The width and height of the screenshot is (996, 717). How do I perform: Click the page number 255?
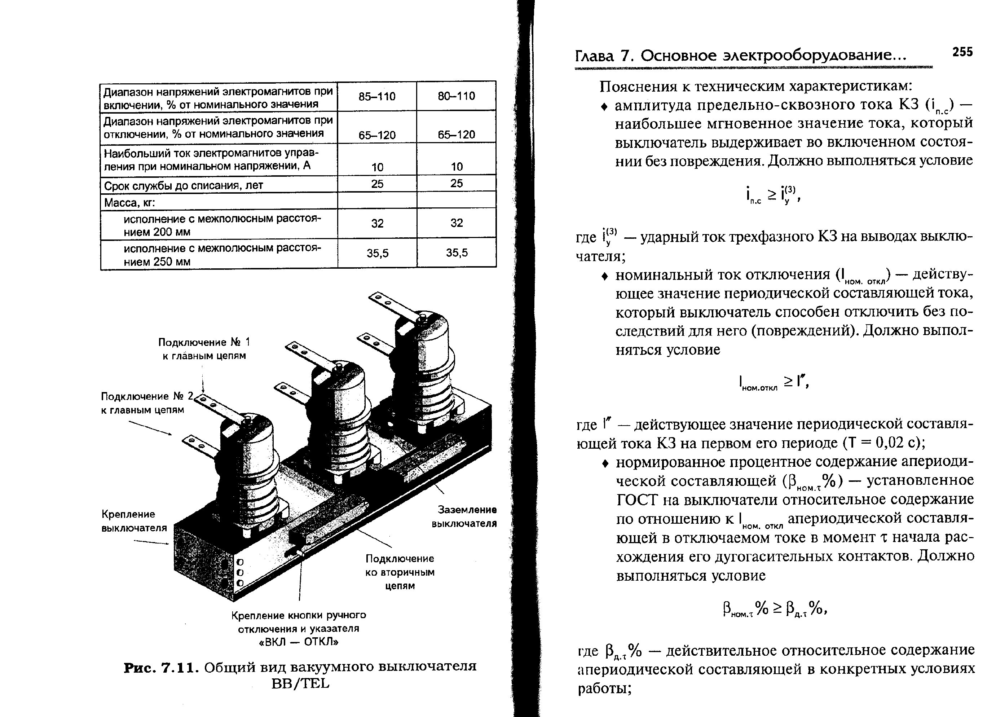[x=962, y=52]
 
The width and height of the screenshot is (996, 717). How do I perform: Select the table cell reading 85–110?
[x=377, y=97]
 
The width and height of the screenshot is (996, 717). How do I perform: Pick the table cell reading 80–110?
[x=456, y=96]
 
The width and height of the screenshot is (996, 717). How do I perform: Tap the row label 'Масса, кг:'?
[x=130, y=203]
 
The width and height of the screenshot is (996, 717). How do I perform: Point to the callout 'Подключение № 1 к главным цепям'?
[x=204, y=349]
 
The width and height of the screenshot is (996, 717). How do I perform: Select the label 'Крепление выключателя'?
[x=134, y=520]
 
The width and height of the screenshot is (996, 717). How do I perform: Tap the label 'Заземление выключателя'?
[x=464, y=517]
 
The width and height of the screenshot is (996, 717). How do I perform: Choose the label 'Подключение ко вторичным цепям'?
[x=400, y=572]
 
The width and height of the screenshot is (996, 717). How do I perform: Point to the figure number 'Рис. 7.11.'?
[x=162, y=667]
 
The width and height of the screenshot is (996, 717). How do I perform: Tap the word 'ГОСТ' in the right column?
[x=637, y=500]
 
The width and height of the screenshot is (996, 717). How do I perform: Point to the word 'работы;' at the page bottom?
[x=604, y=689]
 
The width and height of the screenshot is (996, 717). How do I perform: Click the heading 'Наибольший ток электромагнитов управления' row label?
[x=211, y=159]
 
